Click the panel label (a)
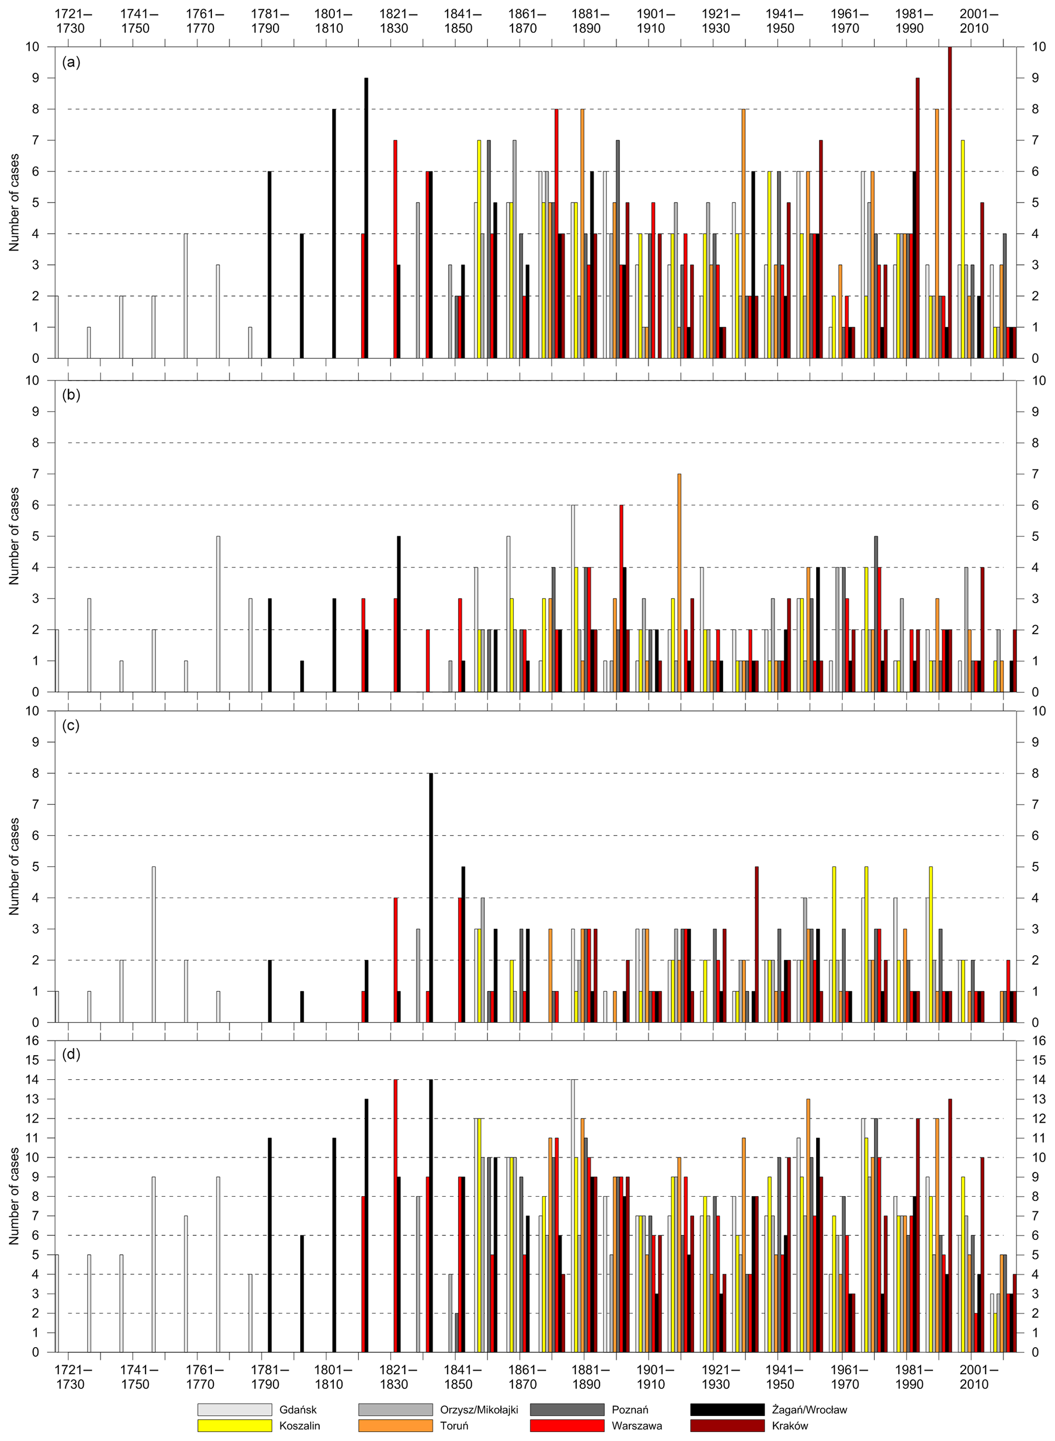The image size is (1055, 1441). (x=71, y=63)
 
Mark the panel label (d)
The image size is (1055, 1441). (x=71, y=1054)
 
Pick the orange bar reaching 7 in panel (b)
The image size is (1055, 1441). (x=679, y=582)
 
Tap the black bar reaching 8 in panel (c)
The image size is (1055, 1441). (x=431, y=897)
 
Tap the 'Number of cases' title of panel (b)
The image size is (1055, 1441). (x=14, y=536)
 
